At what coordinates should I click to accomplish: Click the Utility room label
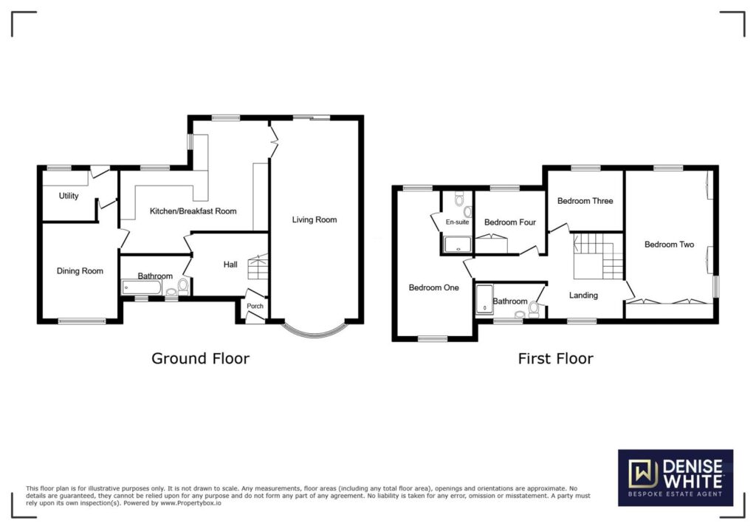(69, 196)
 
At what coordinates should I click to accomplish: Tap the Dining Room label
(80, 270)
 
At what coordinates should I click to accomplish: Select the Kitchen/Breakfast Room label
(193, 211)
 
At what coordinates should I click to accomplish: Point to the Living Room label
(315, 219)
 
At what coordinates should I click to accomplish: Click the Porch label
(255, 306)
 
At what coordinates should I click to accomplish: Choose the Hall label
(230, 264)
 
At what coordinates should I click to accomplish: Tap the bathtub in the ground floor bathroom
(142, 287)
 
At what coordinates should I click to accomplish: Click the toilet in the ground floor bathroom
(183, 286)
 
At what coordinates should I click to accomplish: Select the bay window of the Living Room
(315, 329)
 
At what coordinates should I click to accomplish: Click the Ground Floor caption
(201, 358)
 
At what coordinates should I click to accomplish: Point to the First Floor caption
(555, 358)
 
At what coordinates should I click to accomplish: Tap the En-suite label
(457, 222)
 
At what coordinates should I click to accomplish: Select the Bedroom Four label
(510, 222)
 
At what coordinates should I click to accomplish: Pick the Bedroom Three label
(585, 201)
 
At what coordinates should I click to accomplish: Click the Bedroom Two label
(669, 245)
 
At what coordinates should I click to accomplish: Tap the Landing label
(583, 295)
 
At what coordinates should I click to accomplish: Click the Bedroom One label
(434, 287)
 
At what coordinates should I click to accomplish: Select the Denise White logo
(676, 478)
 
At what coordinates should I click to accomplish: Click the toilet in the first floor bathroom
(534, 309)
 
